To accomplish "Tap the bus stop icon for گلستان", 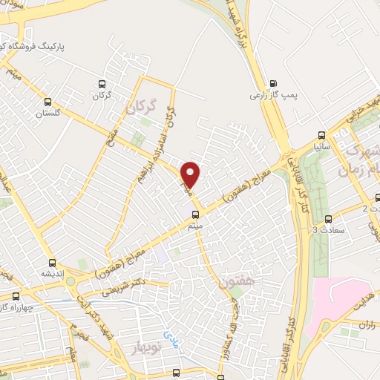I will coord(48,102).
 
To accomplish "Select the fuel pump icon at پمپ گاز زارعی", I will coord(273,83).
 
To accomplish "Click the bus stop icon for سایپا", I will coord(321,135).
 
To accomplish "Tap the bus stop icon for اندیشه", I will coord(52,262).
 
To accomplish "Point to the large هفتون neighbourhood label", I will coord(237,283).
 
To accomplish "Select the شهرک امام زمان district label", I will coord(362,159).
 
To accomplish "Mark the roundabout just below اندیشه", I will coord(71,281).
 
